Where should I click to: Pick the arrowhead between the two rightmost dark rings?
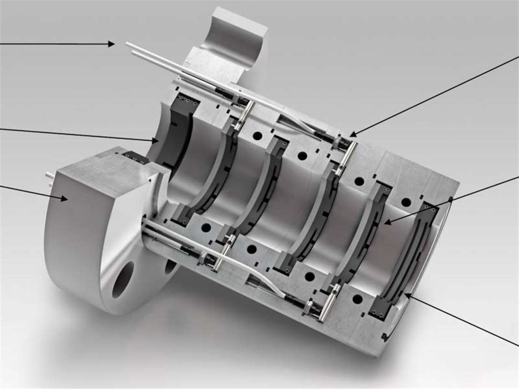click(x=386, y=222)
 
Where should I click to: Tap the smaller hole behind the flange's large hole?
click(x=170, y=266)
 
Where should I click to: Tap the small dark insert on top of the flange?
click(x=135, y=157)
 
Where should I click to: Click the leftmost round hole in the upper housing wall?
click(x=257, y=136)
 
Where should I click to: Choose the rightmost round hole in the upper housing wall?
click(x=406, y=202)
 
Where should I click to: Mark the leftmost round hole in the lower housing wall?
click(x=206, y=227)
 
